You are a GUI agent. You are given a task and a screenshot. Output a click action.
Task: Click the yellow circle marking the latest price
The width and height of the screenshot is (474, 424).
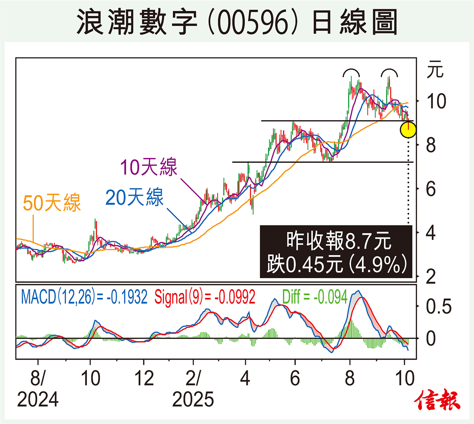click(x=408, y=130)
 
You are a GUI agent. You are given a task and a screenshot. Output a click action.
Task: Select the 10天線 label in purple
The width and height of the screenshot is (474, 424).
click(x=149, y=167)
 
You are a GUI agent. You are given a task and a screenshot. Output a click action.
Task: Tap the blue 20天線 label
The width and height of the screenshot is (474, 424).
click(x=134, y=197)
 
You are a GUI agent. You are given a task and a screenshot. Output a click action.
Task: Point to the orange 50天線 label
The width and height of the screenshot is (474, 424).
click(x=52, y=203)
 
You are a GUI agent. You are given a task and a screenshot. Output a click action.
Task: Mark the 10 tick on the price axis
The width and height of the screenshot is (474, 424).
click(x=436, y=102)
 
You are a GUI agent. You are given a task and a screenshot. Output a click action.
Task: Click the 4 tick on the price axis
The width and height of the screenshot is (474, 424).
click(x=431, y=233)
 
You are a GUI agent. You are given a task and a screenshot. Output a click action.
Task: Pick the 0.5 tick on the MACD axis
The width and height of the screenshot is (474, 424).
click(x=438, y=307)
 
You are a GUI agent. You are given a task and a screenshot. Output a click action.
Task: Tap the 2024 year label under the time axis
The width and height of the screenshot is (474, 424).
click(x=38, y=400)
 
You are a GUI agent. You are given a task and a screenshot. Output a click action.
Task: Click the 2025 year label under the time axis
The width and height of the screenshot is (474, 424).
click(x=193, y=400)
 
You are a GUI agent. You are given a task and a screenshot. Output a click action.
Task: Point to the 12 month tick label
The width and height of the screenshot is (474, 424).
click(x=144, y=379)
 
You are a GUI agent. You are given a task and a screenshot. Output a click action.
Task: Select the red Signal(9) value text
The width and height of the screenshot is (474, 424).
click(x=205, y=297)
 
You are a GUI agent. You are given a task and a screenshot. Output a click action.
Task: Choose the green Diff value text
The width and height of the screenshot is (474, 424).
click(x=315, y=297)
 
